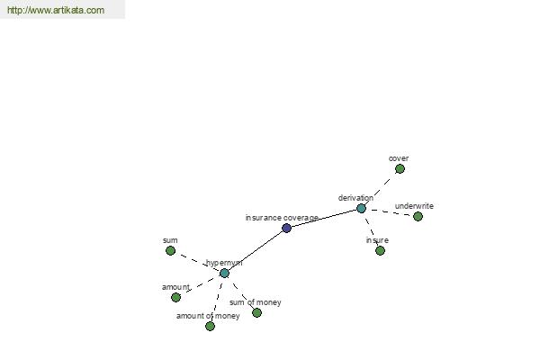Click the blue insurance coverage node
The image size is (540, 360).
[x=286, y=228]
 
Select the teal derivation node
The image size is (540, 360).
[x=361, y=209]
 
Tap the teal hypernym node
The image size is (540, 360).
[x=224, y=274]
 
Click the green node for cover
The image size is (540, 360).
[x=400, y=169]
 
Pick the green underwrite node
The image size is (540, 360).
[x=418, y=216]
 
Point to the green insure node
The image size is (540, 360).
[x=380, y=250]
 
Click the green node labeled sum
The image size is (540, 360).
[x=170, y=250]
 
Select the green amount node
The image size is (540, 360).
[x=175, y=297]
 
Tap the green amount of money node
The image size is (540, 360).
[x=210, y=326]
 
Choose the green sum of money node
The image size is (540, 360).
[x=256, y=312]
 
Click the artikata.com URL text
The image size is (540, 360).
[x=56, y=10]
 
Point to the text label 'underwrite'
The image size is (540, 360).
[x=414, y=206]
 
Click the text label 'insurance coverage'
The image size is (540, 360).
[x=282, y=218]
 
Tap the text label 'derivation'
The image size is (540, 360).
[x=355, y=198]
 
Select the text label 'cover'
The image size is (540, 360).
[x=399, y=158]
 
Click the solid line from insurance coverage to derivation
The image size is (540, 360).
[x=324, y=218]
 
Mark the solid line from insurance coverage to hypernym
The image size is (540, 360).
[x=256, y=250]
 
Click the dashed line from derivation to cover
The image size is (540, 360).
[x=381, y=189]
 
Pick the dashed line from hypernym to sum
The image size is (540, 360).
[x=197, y=262]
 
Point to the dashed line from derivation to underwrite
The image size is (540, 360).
[x=390, y=212]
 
